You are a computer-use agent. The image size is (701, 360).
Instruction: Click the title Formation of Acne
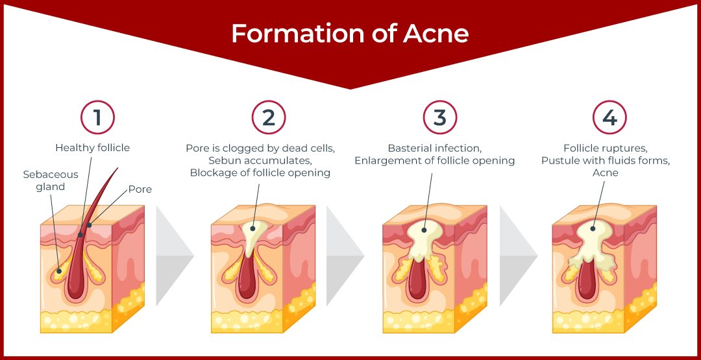pos(350,34)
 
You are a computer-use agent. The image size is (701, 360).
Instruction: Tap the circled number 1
pos(97,117)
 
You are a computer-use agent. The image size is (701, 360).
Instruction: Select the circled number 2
pos(269,117)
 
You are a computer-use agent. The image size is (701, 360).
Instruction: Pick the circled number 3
pos(440,117)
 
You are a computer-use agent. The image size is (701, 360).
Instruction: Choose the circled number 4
pos(609,117)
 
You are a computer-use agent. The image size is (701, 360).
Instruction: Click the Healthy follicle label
pos(93,148)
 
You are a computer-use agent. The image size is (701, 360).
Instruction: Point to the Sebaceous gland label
pos(51,180)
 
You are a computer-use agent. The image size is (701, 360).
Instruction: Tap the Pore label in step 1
pos(140,189)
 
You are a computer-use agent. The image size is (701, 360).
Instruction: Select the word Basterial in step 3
pos(409,148)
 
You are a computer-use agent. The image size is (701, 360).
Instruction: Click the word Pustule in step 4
pos(558,160)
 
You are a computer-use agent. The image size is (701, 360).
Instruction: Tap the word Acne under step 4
pos(606,173)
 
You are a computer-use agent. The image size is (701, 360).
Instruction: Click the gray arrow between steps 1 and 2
pos(175,256)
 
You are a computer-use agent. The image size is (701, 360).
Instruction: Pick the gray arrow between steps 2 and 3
pos(345,256)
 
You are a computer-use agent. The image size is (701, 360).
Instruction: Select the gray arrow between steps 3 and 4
pos(519,256)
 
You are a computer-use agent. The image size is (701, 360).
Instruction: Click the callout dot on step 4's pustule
pos(593,229)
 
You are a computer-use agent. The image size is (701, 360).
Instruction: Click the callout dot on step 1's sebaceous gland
pos(58,270)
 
